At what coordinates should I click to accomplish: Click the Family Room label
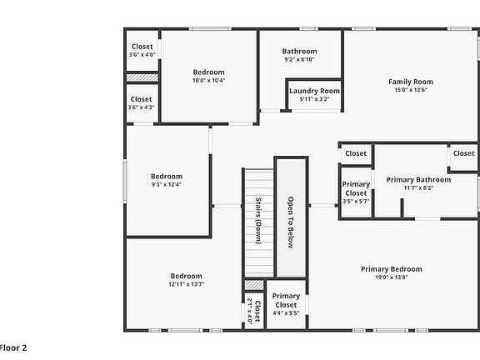(x=411, y=82)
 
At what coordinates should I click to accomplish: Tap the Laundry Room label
(x=314, y=91)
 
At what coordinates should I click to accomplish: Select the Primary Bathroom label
(x=418, y=179)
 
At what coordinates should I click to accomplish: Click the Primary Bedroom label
(x=391, y=269)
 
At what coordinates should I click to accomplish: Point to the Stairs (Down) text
(x=258, y=215)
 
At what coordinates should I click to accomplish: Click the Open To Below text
(x=291, y=222)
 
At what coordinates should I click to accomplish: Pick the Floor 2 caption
(x=13, y=347)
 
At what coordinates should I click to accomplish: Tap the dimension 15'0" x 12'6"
(x=411, y=90)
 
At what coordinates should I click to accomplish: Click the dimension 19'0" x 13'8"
(x=391, y=277)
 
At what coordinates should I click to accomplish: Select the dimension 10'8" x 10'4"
(x=208, y=81)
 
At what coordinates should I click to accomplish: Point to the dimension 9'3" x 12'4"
(x=166, y=185)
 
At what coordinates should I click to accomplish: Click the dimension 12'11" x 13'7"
(x=186, y=284)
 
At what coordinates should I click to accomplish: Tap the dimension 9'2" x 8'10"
(x=299, y=60)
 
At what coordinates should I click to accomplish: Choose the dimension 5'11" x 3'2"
(x=314, y=99)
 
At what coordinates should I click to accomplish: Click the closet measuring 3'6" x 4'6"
(x=142, y=50)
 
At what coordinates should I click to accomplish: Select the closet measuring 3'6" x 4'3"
(x=142, y=102)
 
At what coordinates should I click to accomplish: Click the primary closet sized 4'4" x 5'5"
(x=286, y=304)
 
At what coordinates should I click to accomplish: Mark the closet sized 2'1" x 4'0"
(x=253, y=312)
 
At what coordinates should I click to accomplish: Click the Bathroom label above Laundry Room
(x=299, y=52)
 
